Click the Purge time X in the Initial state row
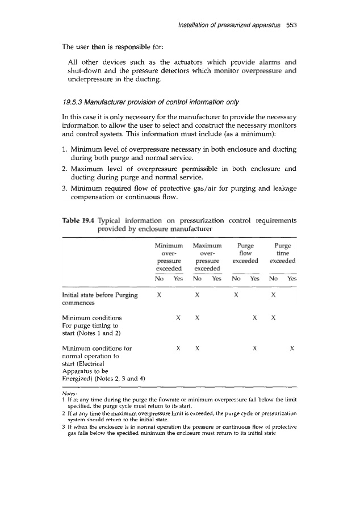274,295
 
